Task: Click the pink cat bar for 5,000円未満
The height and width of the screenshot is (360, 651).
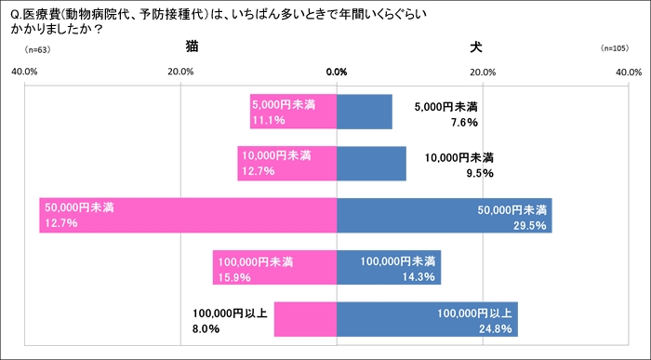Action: coord(293,112)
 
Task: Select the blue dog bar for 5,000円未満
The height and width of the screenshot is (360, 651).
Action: coord(364,112)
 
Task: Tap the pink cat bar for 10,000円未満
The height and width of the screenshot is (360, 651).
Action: coord(286,163)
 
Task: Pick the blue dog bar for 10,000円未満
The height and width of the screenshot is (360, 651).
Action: coord(371,163)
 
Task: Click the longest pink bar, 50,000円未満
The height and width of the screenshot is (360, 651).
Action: coord(187,215)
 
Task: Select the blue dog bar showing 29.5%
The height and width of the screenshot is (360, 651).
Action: coord(444,215)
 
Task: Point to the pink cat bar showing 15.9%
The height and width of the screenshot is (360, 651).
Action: coord(274,267)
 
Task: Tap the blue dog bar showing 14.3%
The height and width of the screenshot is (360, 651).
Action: coord(388,267)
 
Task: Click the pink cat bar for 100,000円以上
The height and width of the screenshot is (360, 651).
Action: coord(305,319)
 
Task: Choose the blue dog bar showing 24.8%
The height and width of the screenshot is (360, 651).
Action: coord(427,319)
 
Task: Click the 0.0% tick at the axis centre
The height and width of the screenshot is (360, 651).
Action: coord(337,72)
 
